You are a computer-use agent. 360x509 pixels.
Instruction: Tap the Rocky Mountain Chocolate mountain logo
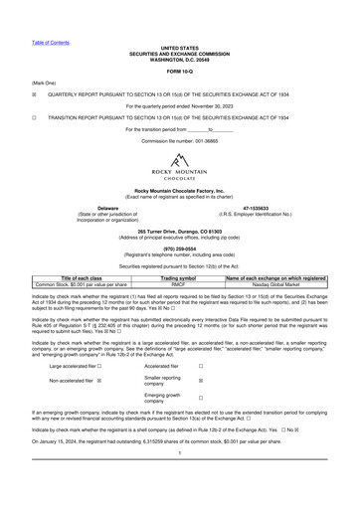pos(180,162)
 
